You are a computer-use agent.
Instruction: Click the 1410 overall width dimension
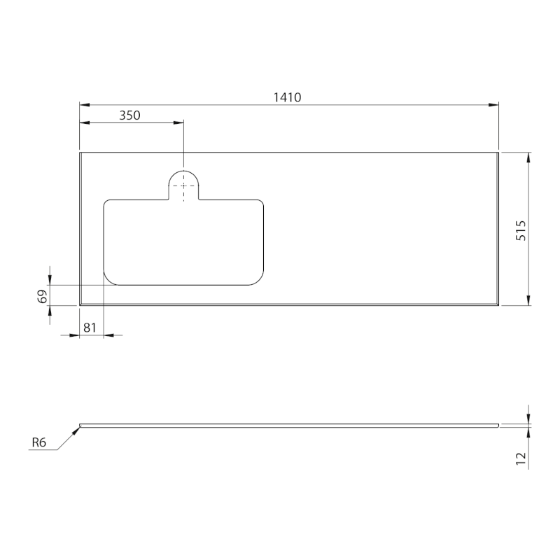tap(287, 97)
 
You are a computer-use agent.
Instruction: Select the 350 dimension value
tap(129, 115)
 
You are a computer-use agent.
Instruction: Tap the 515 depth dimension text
tap(521, 231)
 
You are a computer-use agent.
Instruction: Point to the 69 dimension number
tap(43, 296)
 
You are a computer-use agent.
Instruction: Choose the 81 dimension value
tap(90, 328)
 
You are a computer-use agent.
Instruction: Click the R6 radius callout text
tap(39, 442)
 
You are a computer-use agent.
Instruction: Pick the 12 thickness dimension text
tap(521, 458)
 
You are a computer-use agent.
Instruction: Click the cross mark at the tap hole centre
tap(183, 185)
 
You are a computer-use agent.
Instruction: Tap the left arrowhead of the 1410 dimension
tap(84, 105)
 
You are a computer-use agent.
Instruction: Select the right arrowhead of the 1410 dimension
tap(493, 105)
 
